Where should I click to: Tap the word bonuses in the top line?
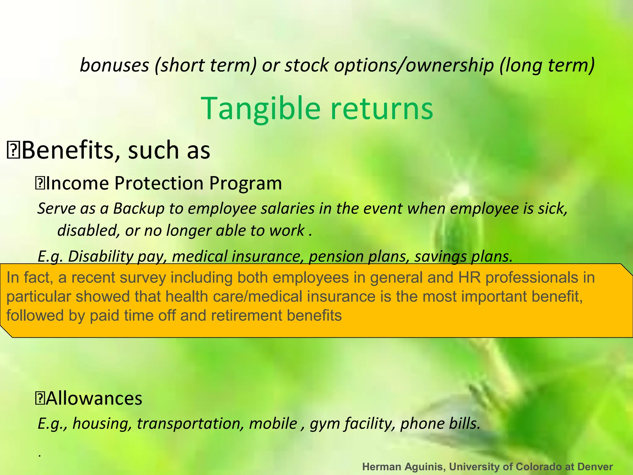114,66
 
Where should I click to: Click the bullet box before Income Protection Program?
40,184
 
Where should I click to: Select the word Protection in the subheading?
159,183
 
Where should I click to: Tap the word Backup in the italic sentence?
138,209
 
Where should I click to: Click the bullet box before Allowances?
40,399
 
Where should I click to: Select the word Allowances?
94,398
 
